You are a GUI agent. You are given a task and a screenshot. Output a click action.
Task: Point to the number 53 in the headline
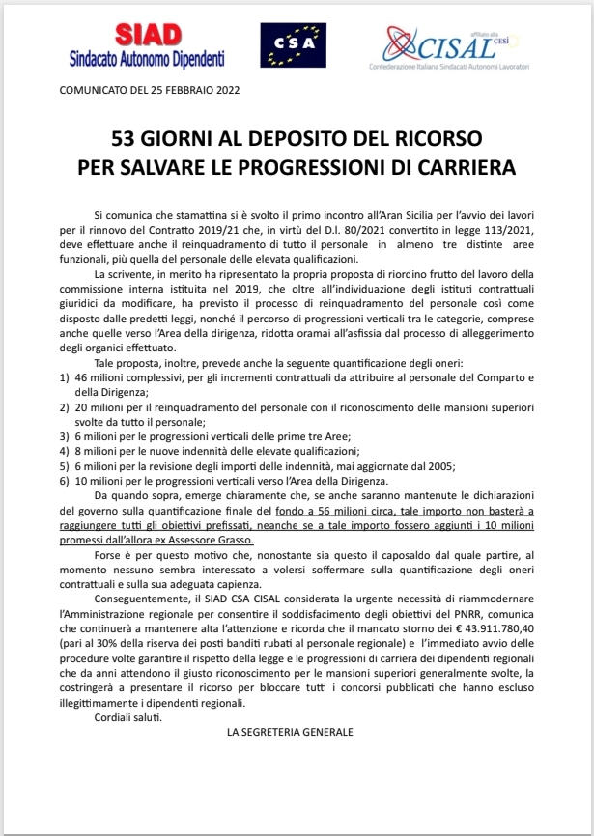(x=125, y=138)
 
